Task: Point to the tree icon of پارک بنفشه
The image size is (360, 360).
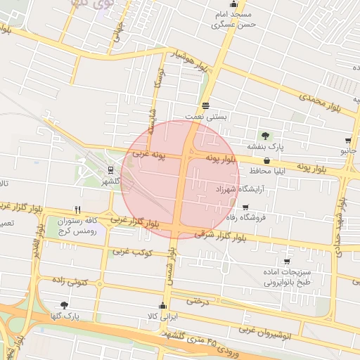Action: pos(265,136)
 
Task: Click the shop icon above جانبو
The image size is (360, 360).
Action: pos(349,141)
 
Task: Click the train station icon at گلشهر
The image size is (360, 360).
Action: pos(110,170)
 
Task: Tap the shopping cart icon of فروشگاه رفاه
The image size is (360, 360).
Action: pos(245,207)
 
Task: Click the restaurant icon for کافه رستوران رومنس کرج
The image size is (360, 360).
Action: pos(78,209)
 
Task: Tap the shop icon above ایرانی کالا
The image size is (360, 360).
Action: pos(163,305)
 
